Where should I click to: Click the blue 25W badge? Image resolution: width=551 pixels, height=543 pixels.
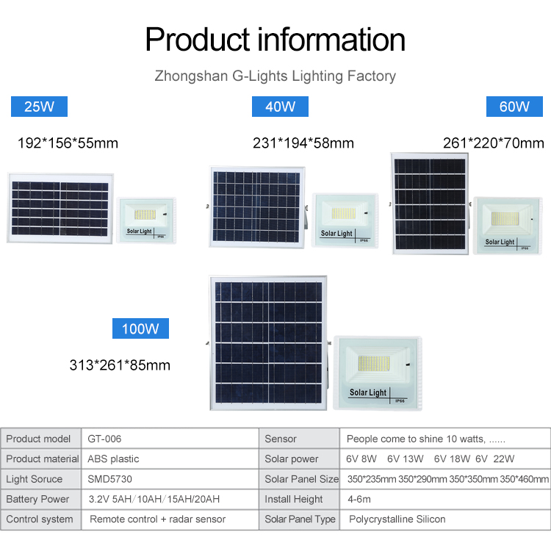click(39, 107)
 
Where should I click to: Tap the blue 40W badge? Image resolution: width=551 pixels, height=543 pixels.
click(280, 107)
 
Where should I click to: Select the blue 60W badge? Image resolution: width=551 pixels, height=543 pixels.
click(514, 107)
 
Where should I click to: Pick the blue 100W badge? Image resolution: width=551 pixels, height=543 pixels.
click(140, 328)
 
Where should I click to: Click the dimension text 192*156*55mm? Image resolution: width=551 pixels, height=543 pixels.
click(68, 143)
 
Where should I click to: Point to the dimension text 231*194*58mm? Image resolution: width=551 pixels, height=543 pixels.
click(303, 143)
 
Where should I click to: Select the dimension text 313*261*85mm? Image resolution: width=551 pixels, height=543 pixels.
click(120, 365)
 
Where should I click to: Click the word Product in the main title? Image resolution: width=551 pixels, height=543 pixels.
click(198, 40)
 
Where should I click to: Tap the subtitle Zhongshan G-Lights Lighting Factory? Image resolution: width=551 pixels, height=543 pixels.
click(275, 76)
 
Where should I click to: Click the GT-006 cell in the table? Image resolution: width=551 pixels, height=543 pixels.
click(104, 439)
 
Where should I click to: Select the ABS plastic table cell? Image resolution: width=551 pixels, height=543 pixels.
click(113, 459)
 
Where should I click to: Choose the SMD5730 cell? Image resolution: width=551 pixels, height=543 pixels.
click(109, 479)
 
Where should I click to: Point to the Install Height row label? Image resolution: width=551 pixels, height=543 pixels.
click(294, 499)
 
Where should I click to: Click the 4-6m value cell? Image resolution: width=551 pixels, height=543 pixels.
click(359, 499)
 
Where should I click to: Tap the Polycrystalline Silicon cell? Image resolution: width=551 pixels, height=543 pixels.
click(397, 519)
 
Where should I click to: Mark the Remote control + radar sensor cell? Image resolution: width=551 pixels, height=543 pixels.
click(157, 519)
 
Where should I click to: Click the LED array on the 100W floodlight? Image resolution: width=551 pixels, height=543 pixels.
click(374, 364)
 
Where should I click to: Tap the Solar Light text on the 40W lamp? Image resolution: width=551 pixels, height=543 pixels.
click(336, 234)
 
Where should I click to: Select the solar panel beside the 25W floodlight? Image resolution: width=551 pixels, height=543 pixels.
click(60, 209)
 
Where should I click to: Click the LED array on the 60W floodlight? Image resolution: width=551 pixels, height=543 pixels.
click(505, 219)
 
